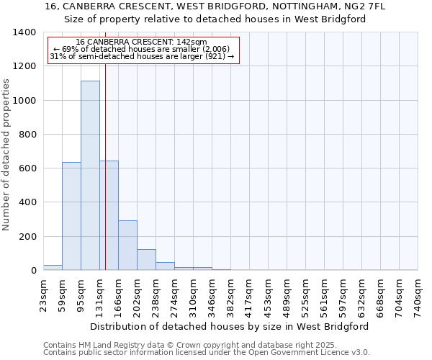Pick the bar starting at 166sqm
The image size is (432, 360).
tap(127, 245)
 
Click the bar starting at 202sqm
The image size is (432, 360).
tap(146, 259)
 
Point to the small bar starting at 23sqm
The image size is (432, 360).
tap(53, 267)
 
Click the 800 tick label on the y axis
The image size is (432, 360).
tap(27, 135)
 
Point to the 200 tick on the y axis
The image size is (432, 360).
tap(27, 237)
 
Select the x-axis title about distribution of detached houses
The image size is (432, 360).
tap(230, 326)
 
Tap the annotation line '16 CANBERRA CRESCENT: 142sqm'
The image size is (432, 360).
tap(141, 42)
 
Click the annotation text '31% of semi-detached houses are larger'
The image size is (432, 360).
tap(141, 56)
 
